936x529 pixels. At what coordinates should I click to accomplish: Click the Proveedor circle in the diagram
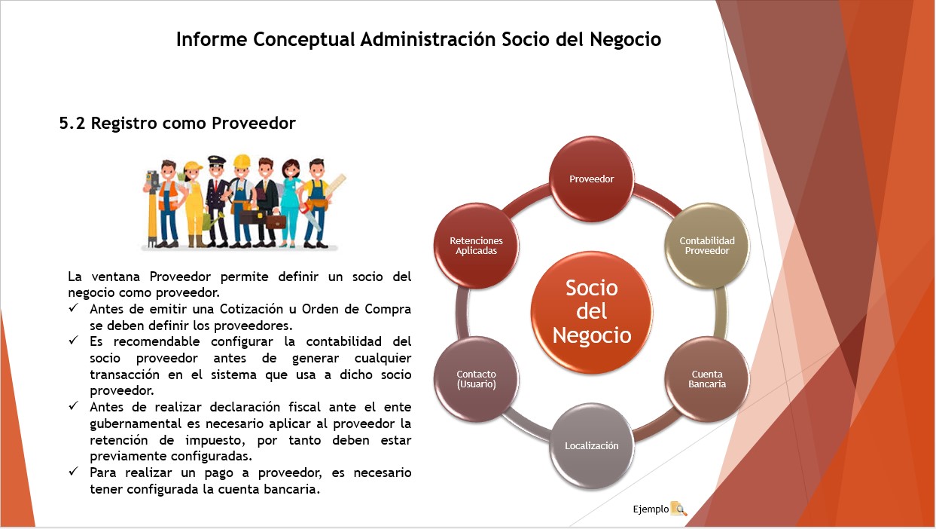(591, 179)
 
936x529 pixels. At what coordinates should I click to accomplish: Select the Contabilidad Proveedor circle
(706, 246)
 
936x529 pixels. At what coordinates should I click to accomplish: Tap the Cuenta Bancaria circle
(706, 379)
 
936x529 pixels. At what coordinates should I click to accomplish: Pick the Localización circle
(591, 445)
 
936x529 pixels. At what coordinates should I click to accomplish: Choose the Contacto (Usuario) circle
(476, 379)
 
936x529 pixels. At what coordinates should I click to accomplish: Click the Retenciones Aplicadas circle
(476, 246)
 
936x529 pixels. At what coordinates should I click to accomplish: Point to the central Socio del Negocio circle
(591, 312)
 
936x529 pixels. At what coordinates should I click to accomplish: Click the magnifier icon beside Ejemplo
(678, 509)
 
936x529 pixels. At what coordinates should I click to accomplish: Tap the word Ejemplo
(651, 509)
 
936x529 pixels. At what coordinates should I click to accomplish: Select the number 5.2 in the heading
(72, 124)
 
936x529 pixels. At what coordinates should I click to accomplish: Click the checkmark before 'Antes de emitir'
(74, 308)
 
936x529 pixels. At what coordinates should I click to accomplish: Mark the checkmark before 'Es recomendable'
(74, 341)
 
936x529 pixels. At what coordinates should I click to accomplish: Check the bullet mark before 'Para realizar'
(74, 472)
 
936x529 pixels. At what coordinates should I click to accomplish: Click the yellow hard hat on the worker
(242, 161)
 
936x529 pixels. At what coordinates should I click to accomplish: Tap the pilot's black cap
(216, 160)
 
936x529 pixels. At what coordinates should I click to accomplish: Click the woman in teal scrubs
(291, 203)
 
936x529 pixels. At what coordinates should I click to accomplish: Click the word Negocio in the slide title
(626, 40)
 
